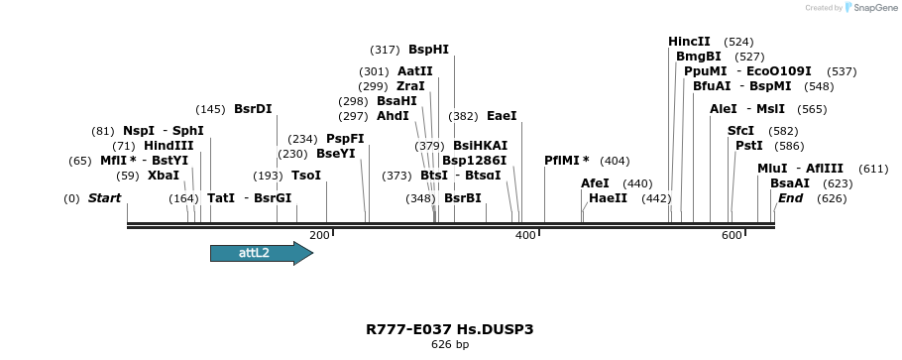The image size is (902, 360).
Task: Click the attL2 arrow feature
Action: pos(261,253)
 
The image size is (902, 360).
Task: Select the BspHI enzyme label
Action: pos(428,50)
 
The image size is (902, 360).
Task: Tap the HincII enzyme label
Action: pos(689,42)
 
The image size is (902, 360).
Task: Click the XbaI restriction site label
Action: pos(164,176)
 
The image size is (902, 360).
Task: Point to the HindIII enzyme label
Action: pos(169,146)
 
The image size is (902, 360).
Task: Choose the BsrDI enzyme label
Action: pos(253,109)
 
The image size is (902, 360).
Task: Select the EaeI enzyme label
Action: pos(502,116)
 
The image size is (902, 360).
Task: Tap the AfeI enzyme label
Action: pos(595,183)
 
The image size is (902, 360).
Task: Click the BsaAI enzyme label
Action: pos(789,183)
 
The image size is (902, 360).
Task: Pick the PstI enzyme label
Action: pos(749,146)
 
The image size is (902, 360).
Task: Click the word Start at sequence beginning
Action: pos(104,198)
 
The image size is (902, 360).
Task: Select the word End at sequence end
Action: pos(790,198)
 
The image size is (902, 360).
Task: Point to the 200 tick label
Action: pos(319,235)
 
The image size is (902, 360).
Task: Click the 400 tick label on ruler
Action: pos(525,235)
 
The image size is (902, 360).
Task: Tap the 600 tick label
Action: pos(732,235)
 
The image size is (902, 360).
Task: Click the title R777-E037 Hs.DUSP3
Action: pos(450,329)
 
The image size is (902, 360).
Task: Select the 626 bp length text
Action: pos(450,345)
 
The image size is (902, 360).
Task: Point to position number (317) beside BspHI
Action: pos(385,50)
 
